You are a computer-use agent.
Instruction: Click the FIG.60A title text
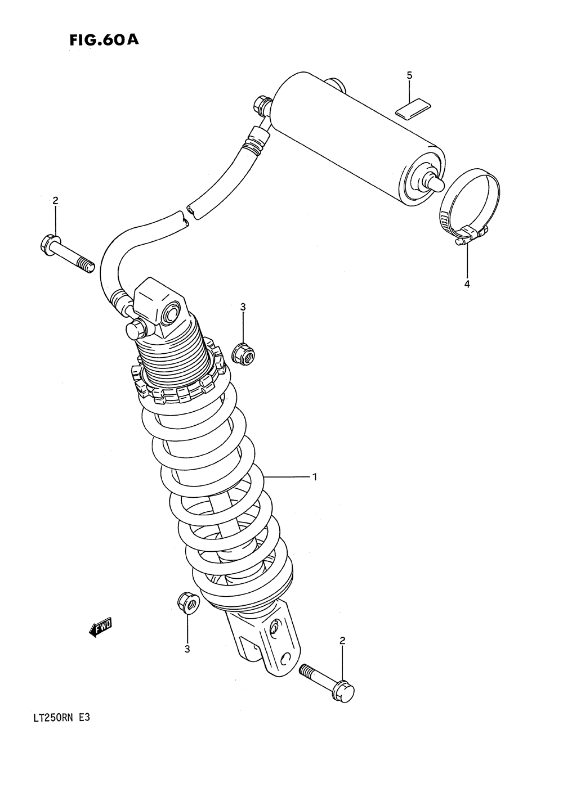click(x=104, y=40)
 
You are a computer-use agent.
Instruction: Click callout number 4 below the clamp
click(x=467, y=284)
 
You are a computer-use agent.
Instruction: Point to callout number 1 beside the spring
click(x=315, y=477)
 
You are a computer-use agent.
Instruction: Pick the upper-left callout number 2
click(x=55, y=201)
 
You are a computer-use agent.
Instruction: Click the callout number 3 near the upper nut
click(x=243, y=307)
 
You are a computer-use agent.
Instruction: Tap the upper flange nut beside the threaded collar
click(x=244, y=353)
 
